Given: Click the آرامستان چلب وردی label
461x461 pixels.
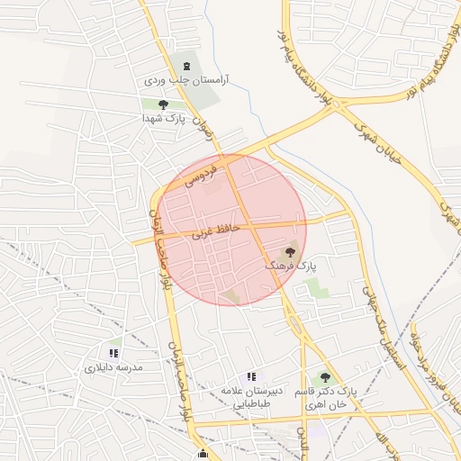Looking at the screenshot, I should pyautogui.click(x=185, y=80).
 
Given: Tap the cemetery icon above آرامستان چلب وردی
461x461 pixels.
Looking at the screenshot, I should pyautogui.click(x=186, y=66).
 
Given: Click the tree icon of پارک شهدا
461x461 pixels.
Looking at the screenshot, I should pyautogui.click(x=162, y=105).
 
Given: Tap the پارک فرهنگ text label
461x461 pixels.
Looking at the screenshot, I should pyautogui.click(x=291, y=267).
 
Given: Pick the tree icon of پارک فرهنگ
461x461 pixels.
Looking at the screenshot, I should pyautogui.click(x=290, y=253).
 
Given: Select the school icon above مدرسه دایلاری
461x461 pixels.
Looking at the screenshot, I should pyautogui.click(x=113, y=354).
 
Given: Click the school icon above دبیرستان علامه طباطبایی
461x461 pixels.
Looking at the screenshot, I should pyautogui.click(x=252, y=376).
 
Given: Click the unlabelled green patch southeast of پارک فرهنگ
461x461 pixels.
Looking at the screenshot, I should pyautogui.click(x=316, y=289).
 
